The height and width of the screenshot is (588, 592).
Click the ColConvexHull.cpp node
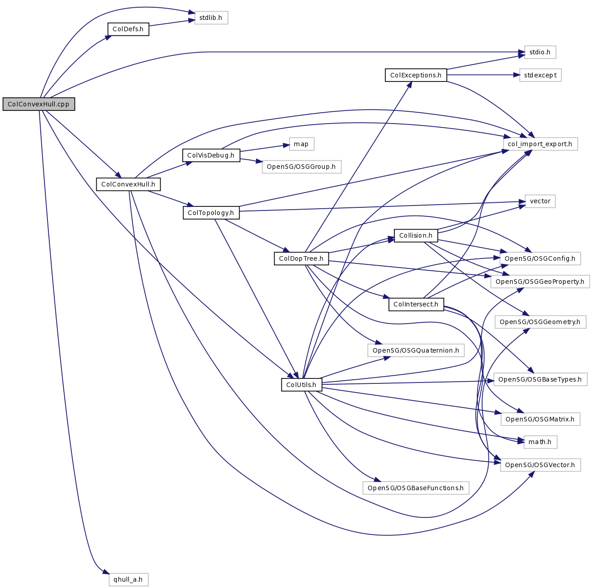pos(38,104)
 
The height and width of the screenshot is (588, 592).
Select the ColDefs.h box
pos(128,29)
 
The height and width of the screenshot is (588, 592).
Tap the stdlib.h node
pos(211,18)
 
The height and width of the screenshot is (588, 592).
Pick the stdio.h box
pos(540,53)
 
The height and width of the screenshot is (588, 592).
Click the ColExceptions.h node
pos(416,75)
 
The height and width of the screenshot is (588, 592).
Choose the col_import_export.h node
pos(540,144)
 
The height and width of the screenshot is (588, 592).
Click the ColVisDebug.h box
pos(211,156)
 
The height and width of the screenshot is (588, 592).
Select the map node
pos(301,144)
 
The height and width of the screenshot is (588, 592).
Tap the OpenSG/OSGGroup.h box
pos(301,167)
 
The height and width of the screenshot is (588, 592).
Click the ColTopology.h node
pos(211,213)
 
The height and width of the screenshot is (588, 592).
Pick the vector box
pos(540,201)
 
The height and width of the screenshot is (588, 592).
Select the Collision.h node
pos(416,236)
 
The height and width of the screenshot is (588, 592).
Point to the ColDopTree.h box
pos(301,259)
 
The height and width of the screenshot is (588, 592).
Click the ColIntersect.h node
pos(416,305)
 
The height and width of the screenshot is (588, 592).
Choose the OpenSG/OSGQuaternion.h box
pos(416,350)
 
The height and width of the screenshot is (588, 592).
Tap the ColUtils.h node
pos(301,385)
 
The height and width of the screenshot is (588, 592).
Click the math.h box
pos(540,442)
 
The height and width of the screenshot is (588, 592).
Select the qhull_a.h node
pos(128,580)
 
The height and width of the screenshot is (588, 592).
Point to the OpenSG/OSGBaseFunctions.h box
pos(416,488)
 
